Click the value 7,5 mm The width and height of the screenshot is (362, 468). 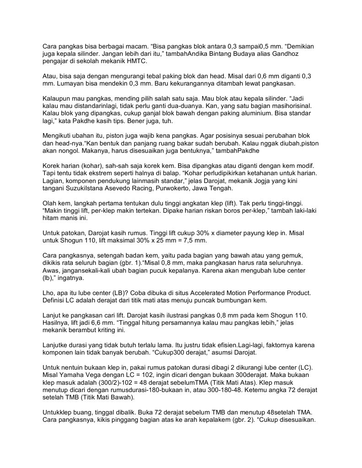point(195,240)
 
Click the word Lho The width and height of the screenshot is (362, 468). point(48,292)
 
